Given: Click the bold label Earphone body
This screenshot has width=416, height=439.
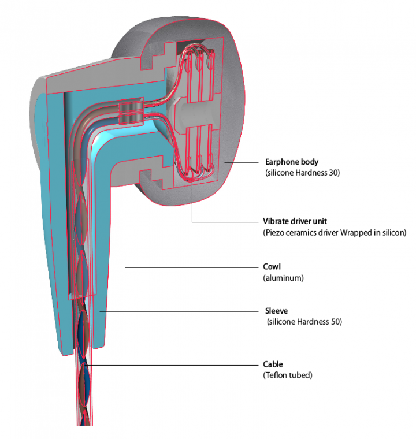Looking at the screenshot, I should click(x=291, y=162).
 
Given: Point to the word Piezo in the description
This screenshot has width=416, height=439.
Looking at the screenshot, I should click(x=275, y=232).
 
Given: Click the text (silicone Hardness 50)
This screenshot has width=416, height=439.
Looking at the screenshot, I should click(x=304, y=322).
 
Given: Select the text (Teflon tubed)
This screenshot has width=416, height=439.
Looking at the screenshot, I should click(x=287, y=375).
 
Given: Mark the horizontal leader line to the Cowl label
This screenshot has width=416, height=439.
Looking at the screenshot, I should click(x=191, y=267).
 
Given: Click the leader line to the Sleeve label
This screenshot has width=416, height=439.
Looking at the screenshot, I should click(x=179, y=312).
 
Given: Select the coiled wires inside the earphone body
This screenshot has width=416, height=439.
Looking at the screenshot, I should click(x=197, y=110).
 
